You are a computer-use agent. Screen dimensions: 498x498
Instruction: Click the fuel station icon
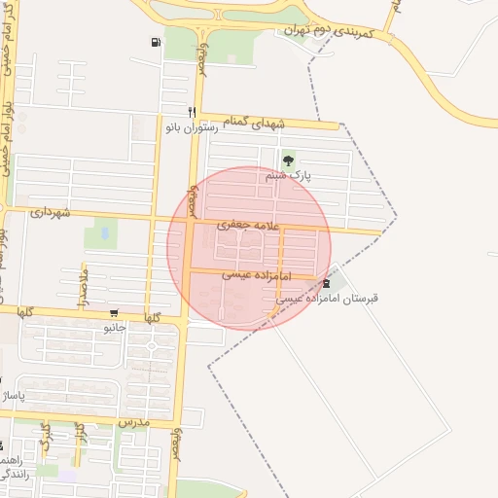[x=156, y=42]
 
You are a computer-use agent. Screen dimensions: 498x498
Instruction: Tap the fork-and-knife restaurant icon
[x=192, y=111]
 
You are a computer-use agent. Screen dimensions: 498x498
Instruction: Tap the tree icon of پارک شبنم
[x=287, y=160]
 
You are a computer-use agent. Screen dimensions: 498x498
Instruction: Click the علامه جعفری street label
[x=251, y=226]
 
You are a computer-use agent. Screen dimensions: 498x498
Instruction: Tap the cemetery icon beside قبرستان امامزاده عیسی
[x=326, y=283]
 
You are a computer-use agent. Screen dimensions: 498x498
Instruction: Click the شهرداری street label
[x=51, y=211]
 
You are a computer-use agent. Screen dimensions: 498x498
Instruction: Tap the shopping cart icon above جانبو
[x=115, y=313]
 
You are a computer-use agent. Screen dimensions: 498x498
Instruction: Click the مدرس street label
[x=131, y=423]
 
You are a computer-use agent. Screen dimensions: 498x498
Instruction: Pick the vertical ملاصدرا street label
[x=84, y=281]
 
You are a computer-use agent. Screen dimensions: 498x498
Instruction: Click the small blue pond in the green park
[x=103, y=234]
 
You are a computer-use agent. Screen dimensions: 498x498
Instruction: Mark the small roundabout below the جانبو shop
[x=151, y=345]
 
